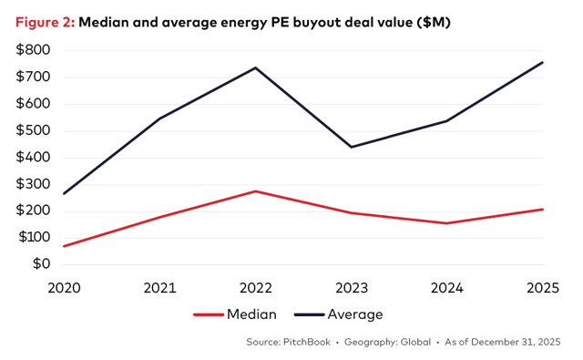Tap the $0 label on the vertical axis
point(41,264)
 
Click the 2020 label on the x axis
point(64,287)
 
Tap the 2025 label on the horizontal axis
point(542,287)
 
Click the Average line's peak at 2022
point(256,67)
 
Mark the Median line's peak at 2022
point(256,191)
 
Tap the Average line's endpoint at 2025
point(542,62)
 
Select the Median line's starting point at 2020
point(64,246)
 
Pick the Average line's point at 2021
point(160,118)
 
